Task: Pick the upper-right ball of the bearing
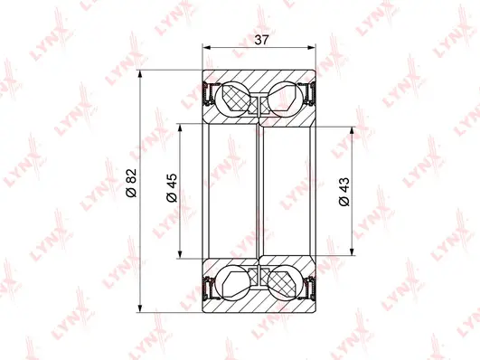287,98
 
